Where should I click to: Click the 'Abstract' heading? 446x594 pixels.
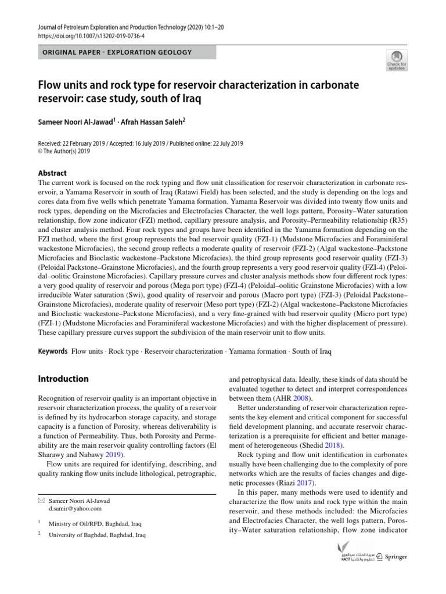tap(52, 173)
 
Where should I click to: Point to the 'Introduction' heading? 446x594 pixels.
tap(63, 379)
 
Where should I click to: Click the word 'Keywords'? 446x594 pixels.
tap(53, 352)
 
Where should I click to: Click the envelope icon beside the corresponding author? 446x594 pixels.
tap(41, 500)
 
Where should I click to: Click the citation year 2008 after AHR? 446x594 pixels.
tap(301, 399)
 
